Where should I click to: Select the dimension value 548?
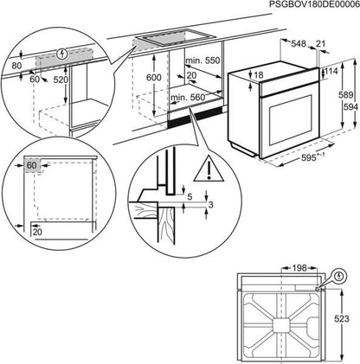click(299, 43)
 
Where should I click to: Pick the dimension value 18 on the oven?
click(258, 76)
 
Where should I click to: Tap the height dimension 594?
click(347, 107)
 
